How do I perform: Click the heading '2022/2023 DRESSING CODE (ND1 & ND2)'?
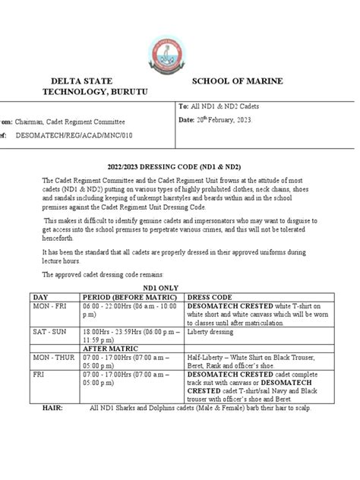coord(180,165)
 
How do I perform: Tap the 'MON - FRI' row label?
coord(47,308)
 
